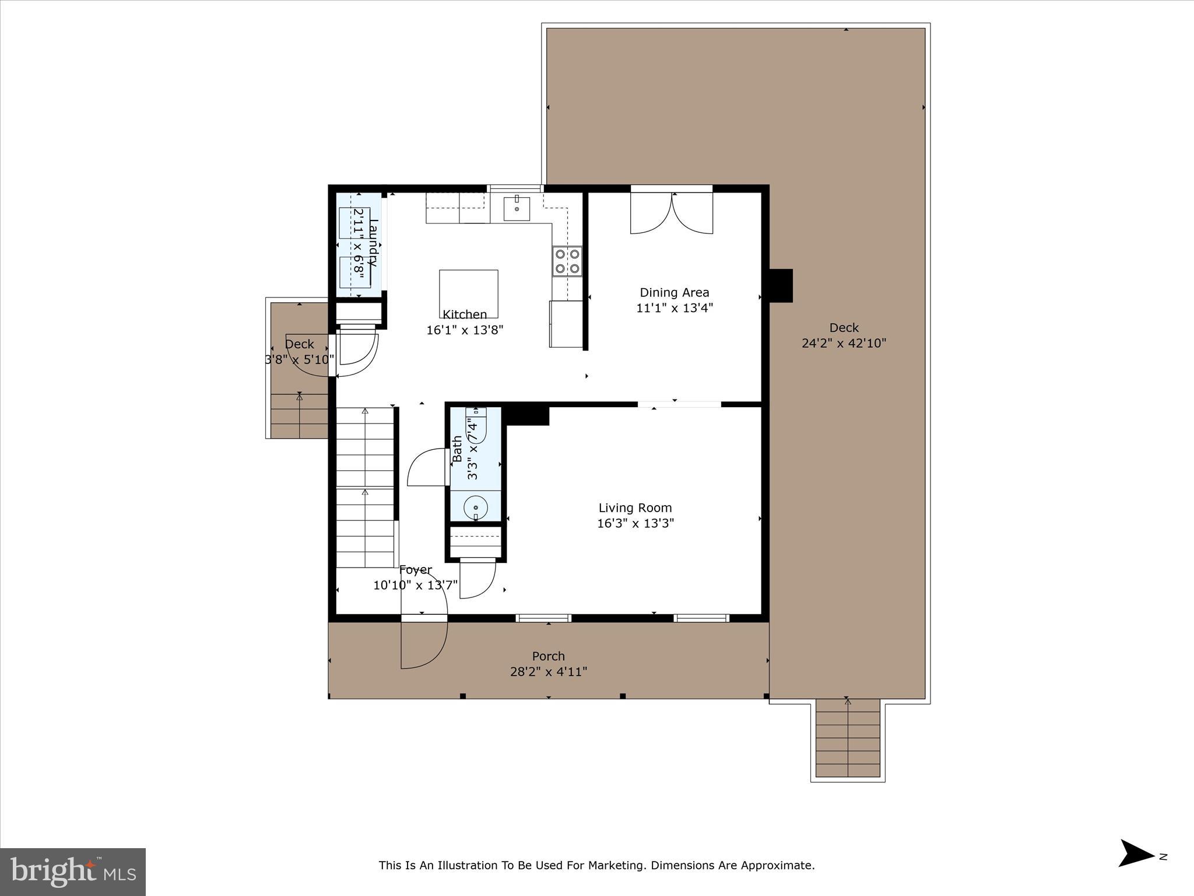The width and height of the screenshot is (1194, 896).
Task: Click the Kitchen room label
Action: point(465,314)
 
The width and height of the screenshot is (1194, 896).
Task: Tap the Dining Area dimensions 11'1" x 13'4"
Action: point(675,308)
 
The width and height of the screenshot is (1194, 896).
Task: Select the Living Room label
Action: point(635,508)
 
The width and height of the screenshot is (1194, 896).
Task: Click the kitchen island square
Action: point(468,292)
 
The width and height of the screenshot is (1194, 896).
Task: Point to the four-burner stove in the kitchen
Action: point(567,261)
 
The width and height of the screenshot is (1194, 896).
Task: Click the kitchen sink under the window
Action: point(517,208)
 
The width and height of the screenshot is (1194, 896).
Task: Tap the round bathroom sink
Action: point(476,508)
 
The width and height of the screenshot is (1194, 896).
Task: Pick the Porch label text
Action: point(549,656)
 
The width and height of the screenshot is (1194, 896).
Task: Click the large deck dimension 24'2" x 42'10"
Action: point(844,344)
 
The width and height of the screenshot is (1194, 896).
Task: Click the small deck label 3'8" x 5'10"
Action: point(300,360)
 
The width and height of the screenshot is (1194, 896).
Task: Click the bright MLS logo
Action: point(73,871)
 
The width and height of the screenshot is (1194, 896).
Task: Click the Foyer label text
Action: point(415,570)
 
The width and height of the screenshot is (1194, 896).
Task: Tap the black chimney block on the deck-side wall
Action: point(781,285)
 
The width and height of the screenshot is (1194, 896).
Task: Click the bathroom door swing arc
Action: point(425,466)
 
